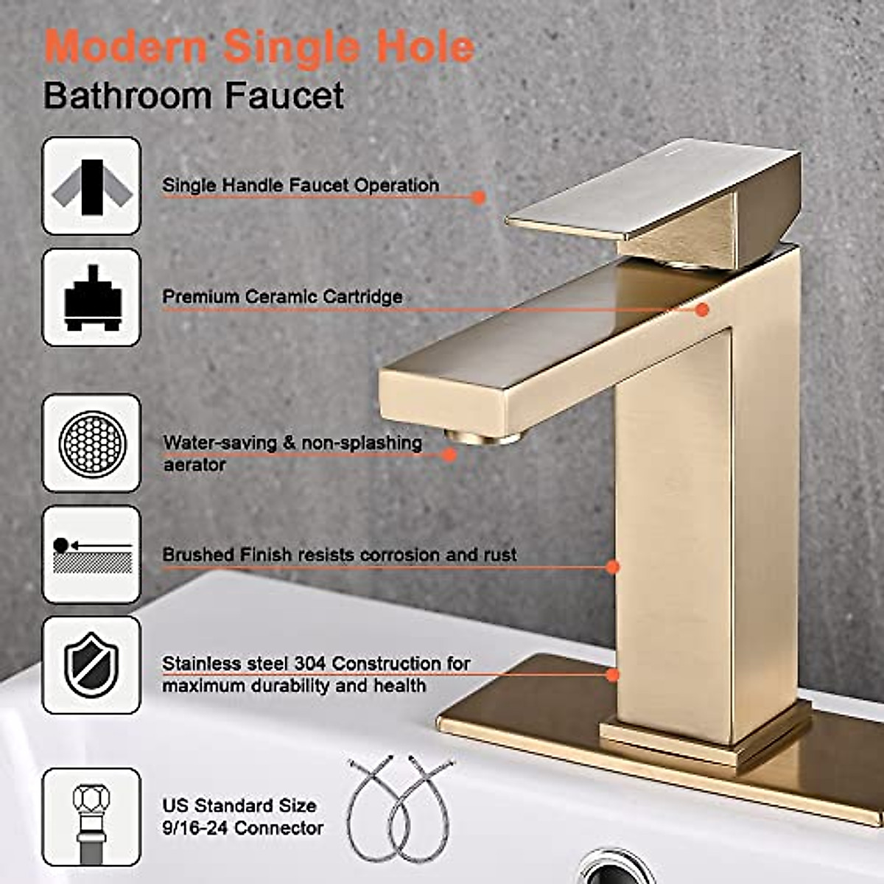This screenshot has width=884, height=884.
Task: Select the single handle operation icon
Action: click(x=91, y=186)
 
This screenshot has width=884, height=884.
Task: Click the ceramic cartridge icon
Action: click(x=91, y=298)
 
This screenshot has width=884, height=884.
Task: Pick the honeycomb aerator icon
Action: click(x=91, y=443)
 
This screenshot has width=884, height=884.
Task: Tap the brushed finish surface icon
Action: click(x=91, y=555)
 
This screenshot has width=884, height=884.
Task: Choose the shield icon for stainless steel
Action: click(x=91, y=665)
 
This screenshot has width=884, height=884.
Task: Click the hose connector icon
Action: click(x=91, y=816)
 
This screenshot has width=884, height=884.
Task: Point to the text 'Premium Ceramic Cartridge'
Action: click(x=282, y=297)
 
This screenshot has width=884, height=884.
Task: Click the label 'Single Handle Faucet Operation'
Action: click(x=301, y=185)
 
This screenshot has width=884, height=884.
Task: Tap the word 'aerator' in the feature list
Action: click(x=194, y=465)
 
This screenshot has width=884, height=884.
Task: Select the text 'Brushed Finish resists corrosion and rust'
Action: click(x=340, y=555)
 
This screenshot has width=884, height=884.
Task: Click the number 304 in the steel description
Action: click(x=309, y=664)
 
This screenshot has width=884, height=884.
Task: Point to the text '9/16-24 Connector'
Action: click(x=243, y=828)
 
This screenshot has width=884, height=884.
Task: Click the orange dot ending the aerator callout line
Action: click(x=450, y=455)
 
